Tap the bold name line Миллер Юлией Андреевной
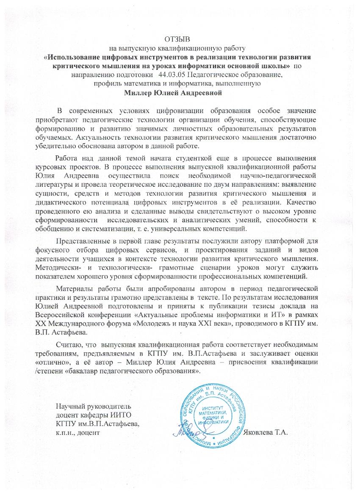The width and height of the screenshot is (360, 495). click(180, 92)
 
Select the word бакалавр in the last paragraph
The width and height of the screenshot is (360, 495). click(106, 370)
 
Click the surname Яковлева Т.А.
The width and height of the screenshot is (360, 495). click(266, 433)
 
